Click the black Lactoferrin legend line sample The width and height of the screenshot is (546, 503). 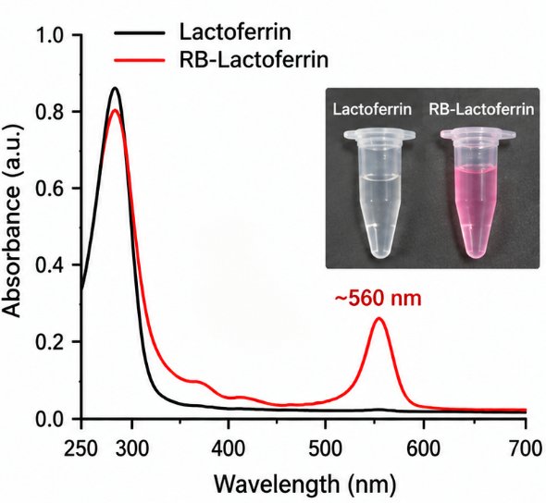tap(140, 33)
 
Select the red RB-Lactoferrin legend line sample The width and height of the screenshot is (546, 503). tap(140, 60)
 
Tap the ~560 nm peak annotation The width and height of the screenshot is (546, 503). tap(378, 299)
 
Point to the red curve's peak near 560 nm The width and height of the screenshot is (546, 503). tap(378, 318)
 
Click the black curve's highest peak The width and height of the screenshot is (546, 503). tap(115, 88)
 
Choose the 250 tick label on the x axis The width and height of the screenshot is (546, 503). tap(81, 449)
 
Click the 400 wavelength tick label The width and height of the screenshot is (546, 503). tap(229, 449)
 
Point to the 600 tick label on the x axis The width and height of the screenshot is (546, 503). tap(424, 449)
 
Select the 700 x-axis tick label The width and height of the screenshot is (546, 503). tap(527, 449)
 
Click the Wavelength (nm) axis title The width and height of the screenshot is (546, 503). tap(304, 485)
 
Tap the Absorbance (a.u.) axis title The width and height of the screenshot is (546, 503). tap(12, 221)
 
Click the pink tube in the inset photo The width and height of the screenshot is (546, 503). tap(478, 194)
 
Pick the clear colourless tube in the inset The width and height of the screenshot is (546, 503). tap(379, 194)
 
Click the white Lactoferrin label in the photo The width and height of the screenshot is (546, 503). tap(372, 109)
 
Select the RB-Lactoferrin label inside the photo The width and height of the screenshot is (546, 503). tap(481, 109)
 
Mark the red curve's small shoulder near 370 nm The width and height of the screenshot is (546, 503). tap(198, 382)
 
